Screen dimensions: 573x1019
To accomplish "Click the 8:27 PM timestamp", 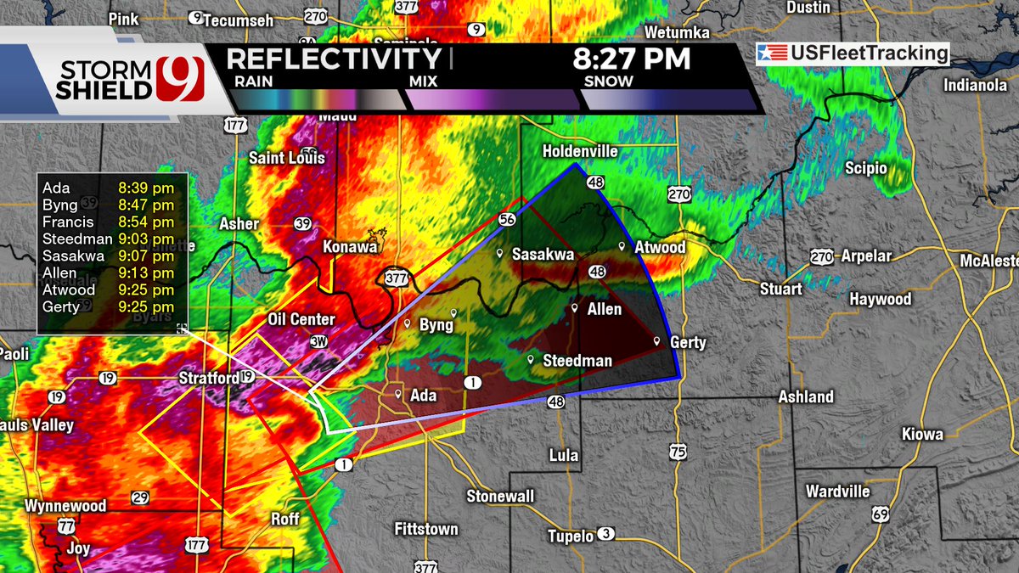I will pos(631,60).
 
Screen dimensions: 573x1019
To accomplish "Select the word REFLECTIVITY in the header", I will pos(334,60).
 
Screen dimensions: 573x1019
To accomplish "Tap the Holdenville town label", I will pos(581,151).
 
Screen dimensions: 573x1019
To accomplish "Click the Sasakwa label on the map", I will pos(543,254).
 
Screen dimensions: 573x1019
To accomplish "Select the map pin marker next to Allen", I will pos(575,308).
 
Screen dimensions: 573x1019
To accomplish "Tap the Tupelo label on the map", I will pos(570,536).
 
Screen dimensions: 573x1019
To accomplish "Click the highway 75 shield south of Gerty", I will pos(677,453).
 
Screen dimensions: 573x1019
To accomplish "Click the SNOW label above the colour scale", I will pos(608,81).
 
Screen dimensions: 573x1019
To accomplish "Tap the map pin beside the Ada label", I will pos(397,394).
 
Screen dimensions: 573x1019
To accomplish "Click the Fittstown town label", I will pos(426,529).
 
